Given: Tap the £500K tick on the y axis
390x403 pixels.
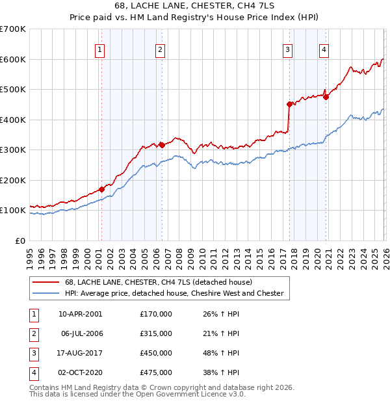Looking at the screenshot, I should point(13,89).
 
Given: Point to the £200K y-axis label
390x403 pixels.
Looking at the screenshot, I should point(13,180).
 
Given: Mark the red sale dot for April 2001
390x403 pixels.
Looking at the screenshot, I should point(101,189).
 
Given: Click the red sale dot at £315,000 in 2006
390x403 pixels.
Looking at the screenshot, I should point(161,146).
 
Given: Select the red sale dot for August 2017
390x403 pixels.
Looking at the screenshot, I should point(289,104).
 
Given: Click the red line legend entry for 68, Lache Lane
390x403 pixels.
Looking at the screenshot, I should point(162,282).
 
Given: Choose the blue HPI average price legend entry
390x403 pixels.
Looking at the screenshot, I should point(174,293).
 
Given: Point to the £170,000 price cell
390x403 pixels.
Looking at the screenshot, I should point(156,313).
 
